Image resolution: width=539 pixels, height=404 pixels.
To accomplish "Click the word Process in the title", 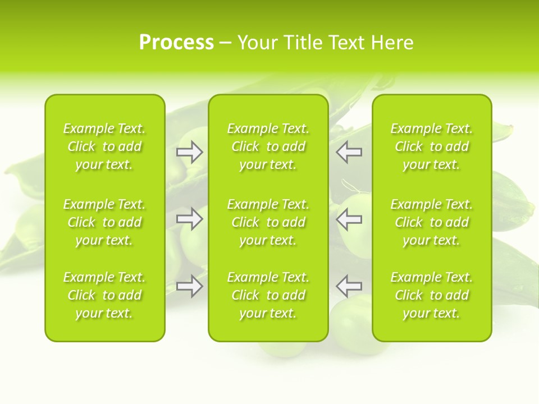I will pyautogui.click(x=176, y=43).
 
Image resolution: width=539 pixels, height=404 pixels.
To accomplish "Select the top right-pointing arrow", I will pyautogui.click(x=190, y=152).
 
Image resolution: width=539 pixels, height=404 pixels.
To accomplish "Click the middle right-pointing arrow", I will pyautogui.click(x=190, y=219).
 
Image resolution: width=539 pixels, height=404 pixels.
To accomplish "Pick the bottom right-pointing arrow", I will pyautogui.click(x=190, y=286).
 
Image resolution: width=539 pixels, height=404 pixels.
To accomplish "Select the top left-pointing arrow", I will pyautogui.click(x=349, y=152).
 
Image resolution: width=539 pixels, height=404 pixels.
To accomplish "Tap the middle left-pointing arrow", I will pyautogui.click(x=349, y=219).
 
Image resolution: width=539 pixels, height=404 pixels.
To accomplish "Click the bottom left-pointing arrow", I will pyautogui.click(x=349, y=286).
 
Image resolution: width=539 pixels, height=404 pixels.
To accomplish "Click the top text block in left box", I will pyautogui.click(x=104, y=146).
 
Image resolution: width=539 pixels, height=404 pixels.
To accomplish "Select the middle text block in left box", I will pyautogui.click(x=104, y=222).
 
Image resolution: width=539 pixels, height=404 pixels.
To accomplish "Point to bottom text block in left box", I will pyautogui.click(x=104, y=295).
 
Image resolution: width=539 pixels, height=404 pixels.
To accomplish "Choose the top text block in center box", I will pyautogui.click(x=268, y=146).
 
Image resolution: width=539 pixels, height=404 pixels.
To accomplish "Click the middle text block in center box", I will pyautogui.click(x=268, y=222).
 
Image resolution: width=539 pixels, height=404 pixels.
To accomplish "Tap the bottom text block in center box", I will pyautogui.click(x=268, y=295).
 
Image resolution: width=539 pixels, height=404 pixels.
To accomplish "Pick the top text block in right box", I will pyautogui.click(x=431, y=146).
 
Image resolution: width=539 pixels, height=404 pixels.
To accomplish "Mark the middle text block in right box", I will pyautogui.click(x=431, y=222).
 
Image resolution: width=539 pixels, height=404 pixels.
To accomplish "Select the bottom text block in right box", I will pyautogui.click(x=431, y=295).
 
